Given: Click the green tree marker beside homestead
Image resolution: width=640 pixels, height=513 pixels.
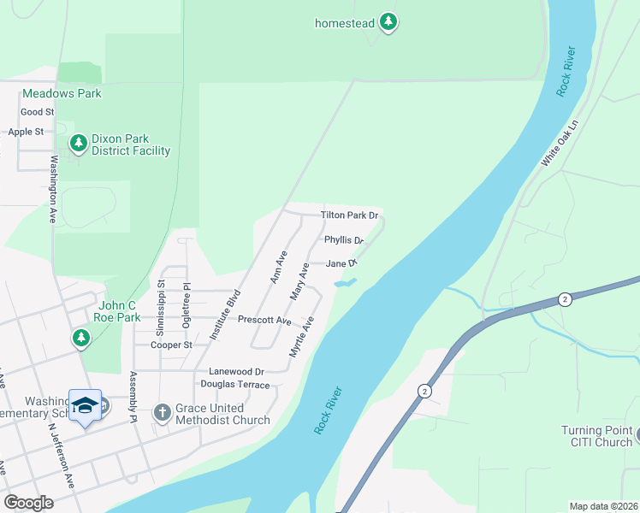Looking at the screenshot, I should (x=388, y=23).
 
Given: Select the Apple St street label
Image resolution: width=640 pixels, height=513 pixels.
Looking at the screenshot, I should (x=26, y=132).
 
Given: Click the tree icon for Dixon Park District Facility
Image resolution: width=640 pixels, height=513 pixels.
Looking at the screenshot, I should (x=79, y=144).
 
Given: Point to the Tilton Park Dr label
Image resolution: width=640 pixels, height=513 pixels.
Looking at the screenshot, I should (x=349, y=215).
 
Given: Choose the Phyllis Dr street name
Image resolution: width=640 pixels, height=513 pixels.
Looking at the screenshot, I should (x=344, y=240).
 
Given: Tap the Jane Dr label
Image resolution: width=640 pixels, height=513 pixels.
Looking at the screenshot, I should (x=340, y=264).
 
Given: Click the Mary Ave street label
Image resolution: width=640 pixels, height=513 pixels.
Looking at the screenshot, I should (x=299, y=280).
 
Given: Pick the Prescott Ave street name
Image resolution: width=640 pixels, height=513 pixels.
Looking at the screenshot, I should (x=264, y=320).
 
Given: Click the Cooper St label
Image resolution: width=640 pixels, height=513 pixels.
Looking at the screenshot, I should (x=172, y=345).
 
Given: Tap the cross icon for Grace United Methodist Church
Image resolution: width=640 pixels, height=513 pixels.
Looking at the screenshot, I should (x=162, y=413).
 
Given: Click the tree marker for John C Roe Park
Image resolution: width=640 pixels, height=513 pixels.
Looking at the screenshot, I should (x=81, y=339).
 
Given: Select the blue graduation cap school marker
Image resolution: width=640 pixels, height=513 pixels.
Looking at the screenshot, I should (x=85, y=405).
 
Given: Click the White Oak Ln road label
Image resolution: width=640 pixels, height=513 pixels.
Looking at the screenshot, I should (x=560, y=144).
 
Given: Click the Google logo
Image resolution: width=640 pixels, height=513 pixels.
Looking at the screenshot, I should (x=28, y=503).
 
